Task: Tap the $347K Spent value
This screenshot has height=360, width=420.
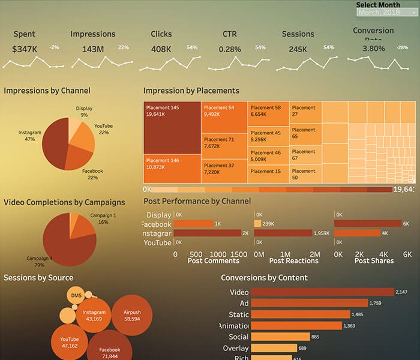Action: coord(24,49)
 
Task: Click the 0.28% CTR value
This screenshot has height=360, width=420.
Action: coord(229,49)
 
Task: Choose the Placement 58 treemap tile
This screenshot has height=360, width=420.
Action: coord(268,111)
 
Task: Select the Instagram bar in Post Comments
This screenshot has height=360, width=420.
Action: coord(207,233)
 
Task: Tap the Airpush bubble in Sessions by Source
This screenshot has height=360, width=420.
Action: coord(131,316)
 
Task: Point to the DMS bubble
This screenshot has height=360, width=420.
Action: coord(76,295)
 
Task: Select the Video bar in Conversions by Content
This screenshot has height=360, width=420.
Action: coord(321,292)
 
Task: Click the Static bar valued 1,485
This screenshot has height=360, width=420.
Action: coord(300,314)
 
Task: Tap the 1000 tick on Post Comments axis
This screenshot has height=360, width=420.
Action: coord(218,254)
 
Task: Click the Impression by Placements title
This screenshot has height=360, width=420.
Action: coord(191,91)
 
